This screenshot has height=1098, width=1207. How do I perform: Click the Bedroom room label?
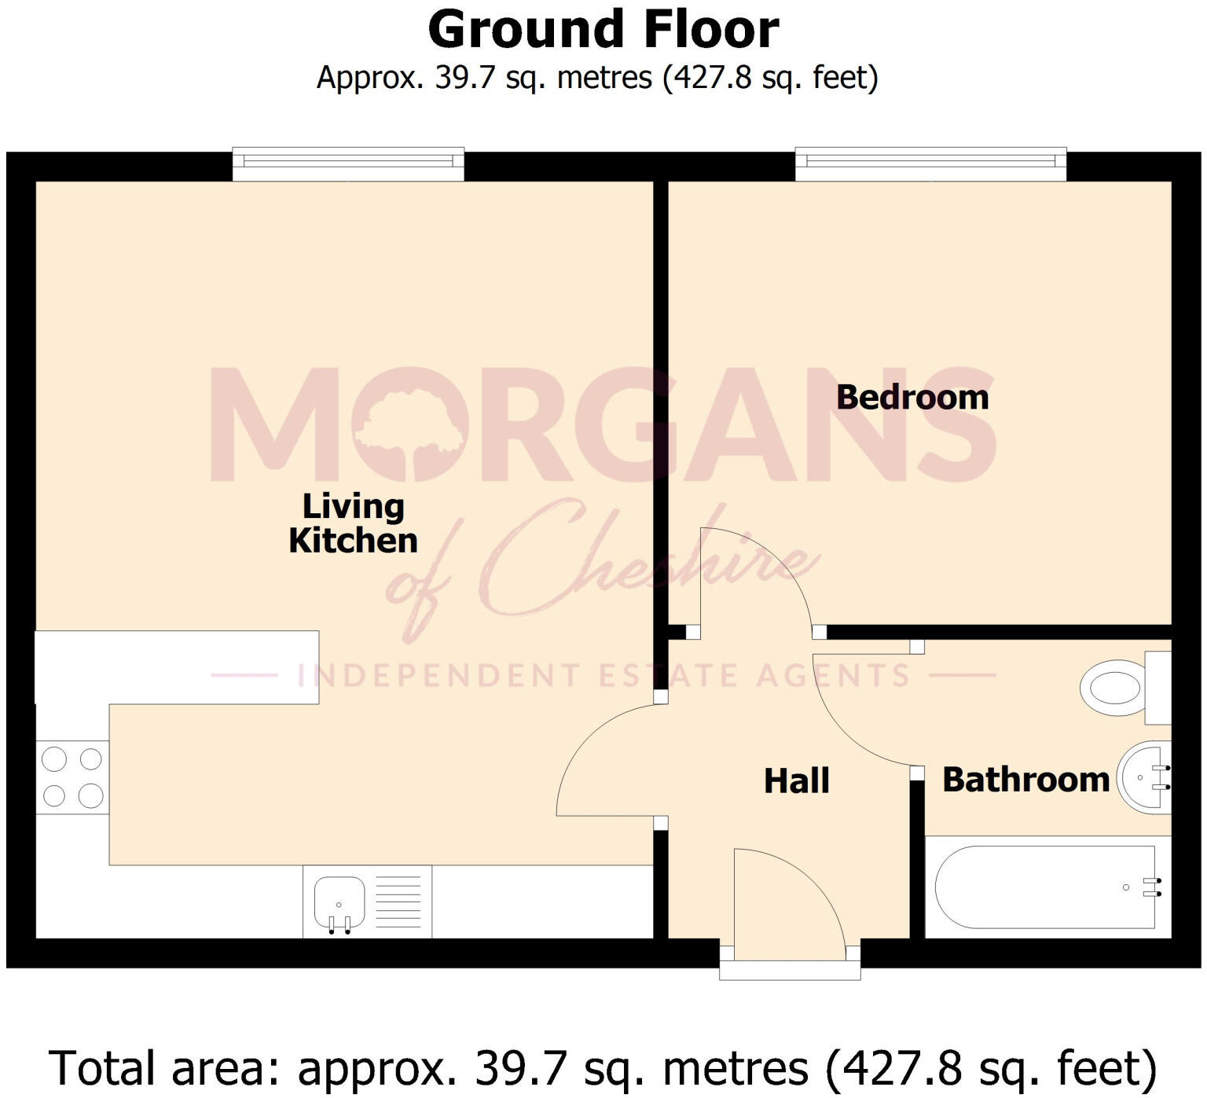coord(912,397)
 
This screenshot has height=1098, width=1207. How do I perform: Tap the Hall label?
coord(796,780)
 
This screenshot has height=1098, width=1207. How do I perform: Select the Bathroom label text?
coord(1025,779)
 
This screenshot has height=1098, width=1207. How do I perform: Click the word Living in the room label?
coord(353,507)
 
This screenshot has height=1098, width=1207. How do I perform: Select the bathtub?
coord(1046,887)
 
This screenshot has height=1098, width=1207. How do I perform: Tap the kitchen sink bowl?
coord(339,902)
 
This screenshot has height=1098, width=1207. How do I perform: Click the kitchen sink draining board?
coord(398,902)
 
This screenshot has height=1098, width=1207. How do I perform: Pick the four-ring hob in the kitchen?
coord(72,777)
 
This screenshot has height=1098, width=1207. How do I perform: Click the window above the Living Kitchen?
coord(348,162)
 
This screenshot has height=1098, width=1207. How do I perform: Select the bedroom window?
coord(930,162)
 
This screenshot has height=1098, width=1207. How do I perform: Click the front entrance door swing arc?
coord(802,880)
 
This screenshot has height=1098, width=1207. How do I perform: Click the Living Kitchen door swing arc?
coord(585,739)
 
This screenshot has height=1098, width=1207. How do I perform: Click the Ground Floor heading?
coord(603,30)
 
